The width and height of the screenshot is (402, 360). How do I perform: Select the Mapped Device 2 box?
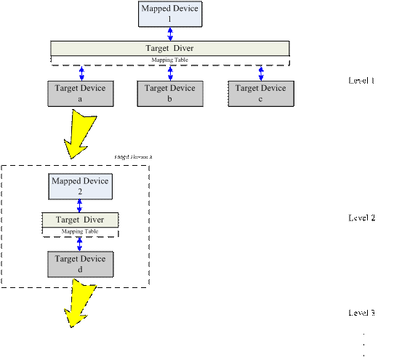point(80,186)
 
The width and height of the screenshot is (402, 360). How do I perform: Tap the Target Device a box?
point(81,93)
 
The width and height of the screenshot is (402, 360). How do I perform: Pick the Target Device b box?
point(170,93)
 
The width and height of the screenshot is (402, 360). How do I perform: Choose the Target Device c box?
point(261,93)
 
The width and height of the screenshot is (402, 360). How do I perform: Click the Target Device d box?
point(80,264)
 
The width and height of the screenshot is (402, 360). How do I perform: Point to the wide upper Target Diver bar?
point(170,48)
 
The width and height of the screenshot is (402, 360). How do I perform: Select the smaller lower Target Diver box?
point(80,220)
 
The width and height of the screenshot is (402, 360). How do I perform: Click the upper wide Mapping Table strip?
point(170,60)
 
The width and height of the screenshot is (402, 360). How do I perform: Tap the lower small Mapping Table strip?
point(80,231)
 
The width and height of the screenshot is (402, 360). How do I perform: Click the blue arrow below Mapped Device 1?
point(171,33)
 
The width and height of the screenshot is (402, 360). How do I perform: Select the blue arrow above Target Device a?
point(81,73)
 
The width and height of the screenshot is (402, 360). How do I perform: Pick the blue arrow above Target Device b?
point(171,73)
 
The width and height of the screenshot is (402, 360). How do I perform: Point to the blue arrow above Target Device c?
point(261,73)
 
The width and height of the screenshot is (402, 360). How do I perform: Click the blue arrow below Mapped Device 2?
point(80,206)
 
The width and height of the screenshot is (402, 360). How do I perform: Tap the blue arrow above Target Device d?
point(80,244)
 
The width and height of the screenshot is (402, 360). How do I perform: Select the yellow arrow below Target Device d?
point(80,304)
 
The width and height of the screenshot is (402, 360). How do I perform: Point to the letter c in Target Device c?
point(261,99)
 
